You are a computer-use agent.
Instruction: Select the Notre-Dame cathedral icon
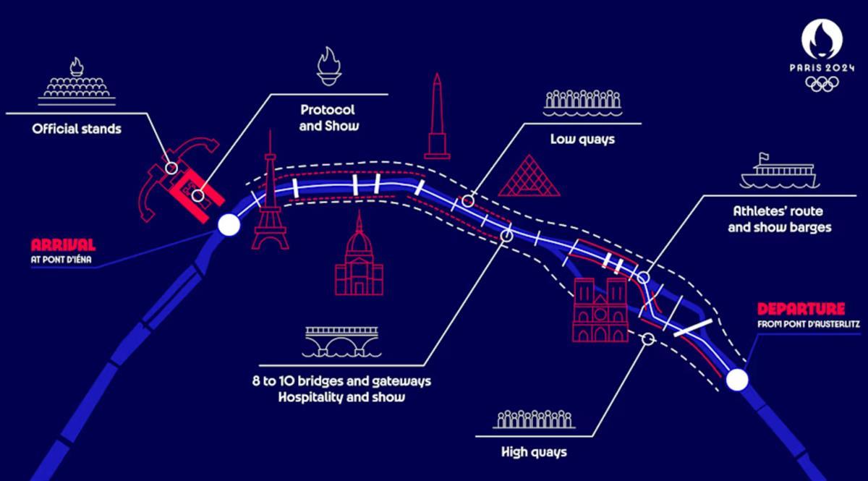click(x=600, y=310)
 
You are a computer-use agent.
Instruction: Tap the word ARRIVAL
click(x=63, y=244)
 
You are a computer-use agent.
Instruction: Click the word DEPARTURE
click(x=800, y=308)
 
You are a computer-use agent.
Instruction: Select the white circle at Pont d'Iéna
click(x=229, y=226)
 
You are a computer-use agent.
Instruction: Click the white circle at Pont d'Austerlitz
click(x=737, y=380)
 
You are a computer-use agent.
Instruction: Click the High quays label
click(x=534, y=453)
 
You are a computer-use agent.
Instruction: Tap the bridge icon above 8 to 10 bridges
click(x=341, y=340)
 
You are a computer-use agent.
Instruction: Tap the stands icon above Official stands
click(x=75, y=82)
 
